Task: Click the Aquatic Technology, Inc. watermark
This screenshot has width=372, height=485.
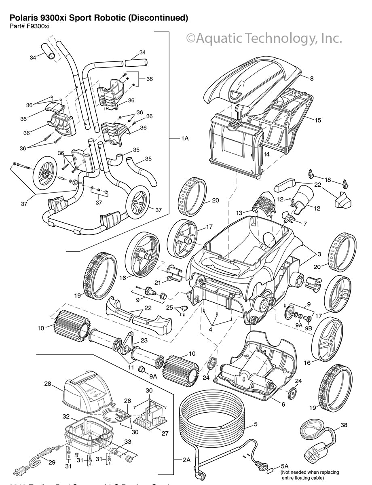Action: pyautogui.click(x=264, y=38)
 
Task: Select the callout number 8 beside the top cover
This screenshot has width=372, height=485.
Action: pyautogui.click(x=312, y=79)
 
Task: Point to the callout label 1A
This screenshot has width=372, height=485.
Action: pyautogui.click(x=185, y=138)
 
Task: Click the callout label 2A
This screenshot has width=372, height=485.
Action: pyautogui.click(x=186, y=460)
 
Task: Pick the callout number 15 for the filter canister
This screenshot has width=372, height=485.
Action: pyautogui.click(x=318, y=120)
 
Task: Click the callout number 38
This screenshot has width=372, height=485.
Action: pyautogui.click(x=344, y=425)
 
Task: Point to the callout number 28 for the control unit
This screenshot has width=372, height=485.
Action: pyautogui.click(x=48, y=384)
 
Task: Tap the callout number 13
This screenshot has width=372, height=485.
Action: pyautogui.click(x=239, y=213)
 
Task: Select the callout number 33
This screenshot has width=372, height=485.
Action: pyautogui.click(x=128, y=442)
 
